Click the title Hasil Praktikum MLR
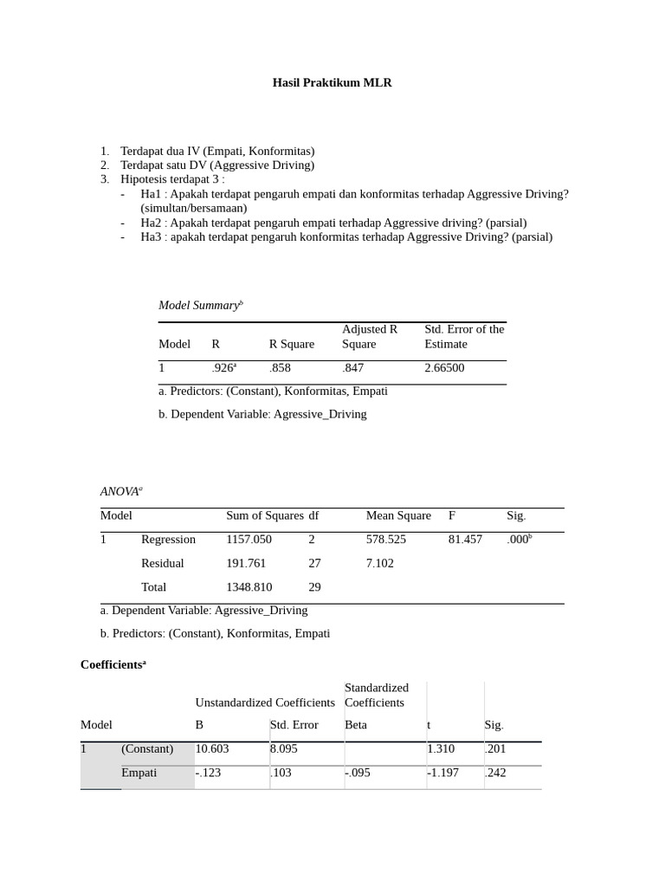(332, 83)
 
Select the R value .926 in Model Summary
(223, 368)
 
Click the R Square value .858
(280, 368)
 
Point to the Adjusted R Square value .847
(352, 368)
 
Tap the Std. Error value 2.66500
(444, 368)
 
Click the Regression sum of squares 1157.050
(249, 540)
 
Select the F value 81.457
(465, 540)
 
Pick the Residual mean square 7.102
(380, 564)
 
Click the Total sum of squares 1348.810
(249, 587)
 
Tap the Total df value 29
(314, 587)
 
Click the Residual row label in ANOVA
(163, 564)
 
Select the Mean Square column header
(398, 516)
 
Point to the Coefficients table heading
(113, 664)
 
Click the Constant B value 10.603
(212, 749)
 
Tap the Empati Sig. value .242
(495, 773)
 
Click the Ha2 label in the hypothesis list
(151, 223)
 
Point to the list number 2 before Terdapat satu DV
(104, 165)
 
